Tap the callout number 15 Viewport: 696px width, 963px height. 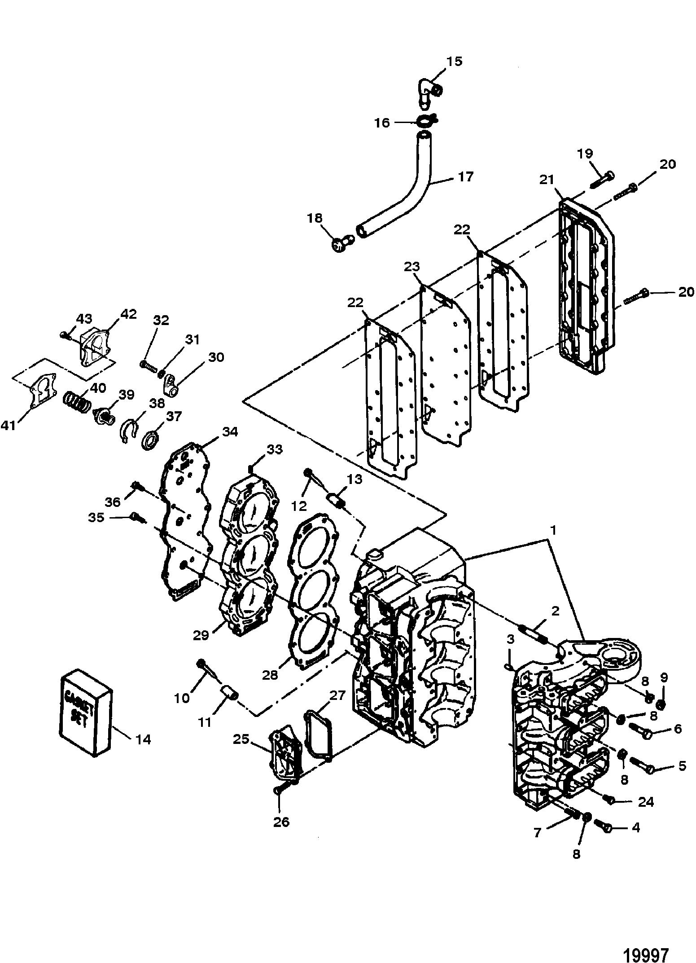(x=454, y=61)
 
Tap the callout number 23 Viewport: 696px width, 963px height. (x=411, y=267)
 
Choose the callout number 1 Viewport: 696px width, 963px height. (x=553, y=531)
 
